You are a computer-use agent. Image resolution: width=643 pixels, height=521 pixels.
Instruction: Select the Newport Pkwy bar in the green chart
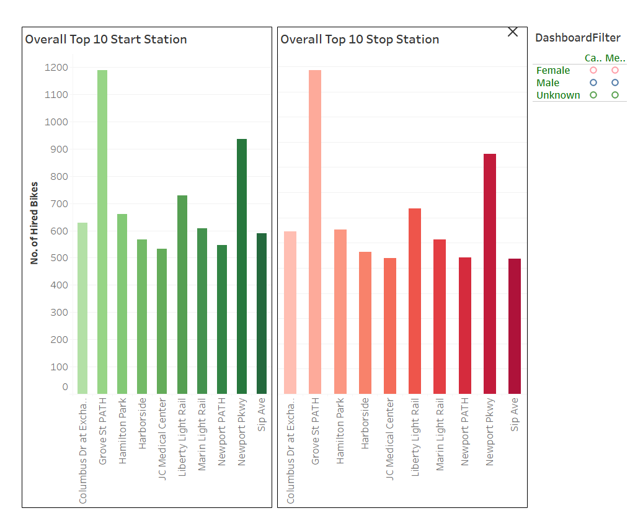(242, 267)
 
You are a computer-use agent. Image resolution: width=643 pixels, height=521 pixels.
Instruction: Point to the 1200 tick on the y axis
(56, 67)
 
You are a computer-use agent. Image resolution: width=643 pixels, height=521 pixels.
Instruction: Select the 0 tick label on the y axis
(65, 387)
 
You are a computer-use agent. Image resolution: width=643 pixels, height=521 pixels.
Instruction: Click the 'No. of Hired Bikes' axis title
(34, 223)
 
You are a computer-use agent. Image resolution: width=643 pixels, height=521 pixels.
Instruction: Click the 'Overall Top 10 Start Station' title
(106, 40)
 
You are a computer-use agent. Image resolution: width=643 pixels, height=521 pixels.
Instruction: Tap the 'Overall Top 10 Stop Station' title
(360, 40)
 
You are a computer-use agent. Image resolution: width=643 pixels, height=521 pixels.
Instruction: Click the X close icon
(513, 32)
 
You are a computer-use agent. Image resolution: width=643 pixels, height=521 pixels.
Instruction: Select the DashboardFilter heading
(577, 38)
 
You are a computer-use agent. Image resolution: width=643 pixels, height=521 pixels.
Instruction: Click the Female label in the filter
(553, 71)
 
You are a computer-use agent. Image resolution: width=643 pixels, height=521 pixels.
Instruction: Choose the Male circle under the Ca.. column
(593, 82)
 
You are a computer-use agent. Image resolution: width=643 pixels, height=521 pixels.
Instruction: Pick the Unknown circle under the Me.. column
(615, 95)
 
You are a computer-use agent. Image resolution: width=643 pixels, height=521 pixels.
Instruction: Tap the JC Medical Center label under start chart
(162, 440)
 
